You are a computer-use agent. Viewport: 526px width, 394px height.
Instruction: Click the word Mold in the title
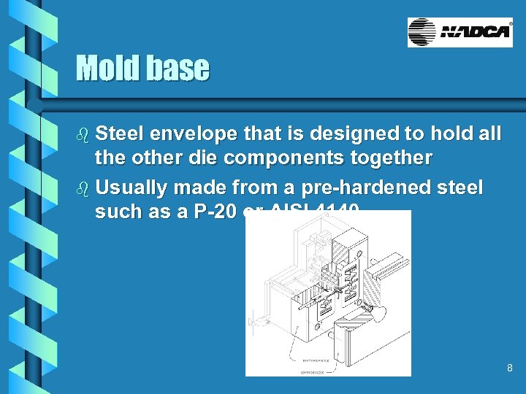point(107,69)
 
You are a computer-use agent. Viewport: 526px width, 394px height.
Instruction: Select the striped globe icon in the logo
point(422,32)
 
